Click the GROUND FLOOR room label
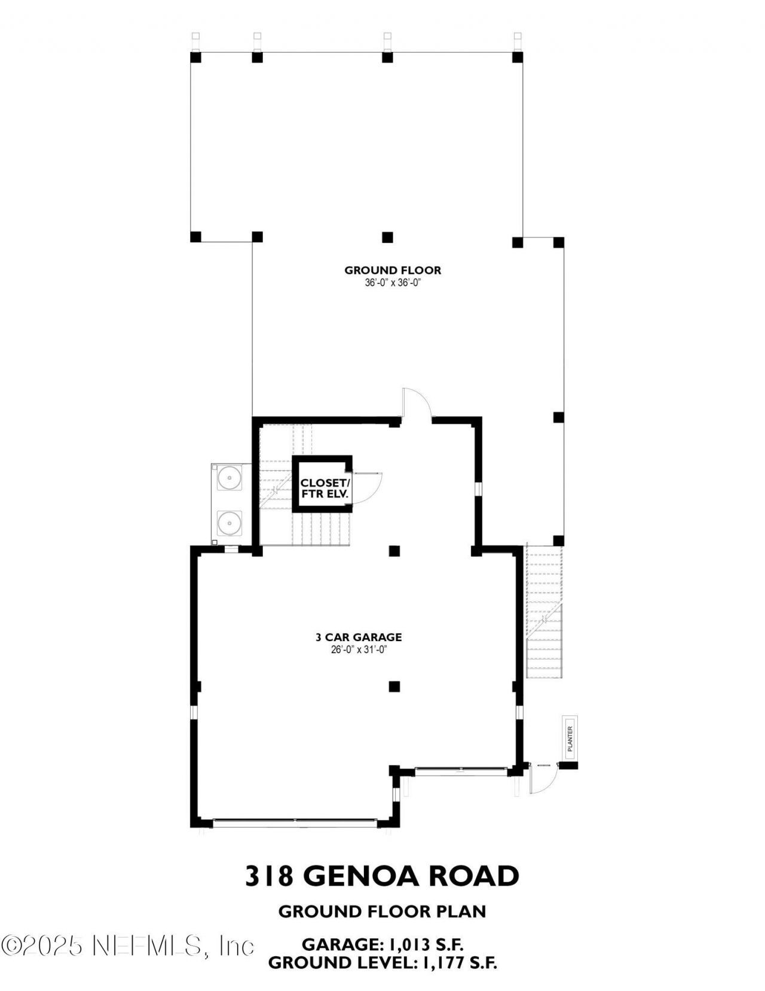(x=393, y=270)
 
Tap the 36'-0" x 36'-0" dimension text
(x=393, y=283)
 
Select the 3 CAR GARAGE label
(x=359, y=638)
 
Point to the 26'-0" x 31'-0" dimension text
(x=359, y=650)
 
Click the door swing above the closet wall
(x=417, y=403)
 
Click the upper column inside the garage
(x=394, y=551)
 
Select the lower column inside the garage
(x=394, y=687)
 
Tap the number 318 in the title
(x=269, y=876)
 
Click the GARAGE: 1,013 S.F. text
(x=383, y=944)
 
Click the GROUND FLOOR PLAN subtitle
(x=382, y=911)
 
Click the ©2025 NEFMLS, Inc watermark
(x=128, y=946)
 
